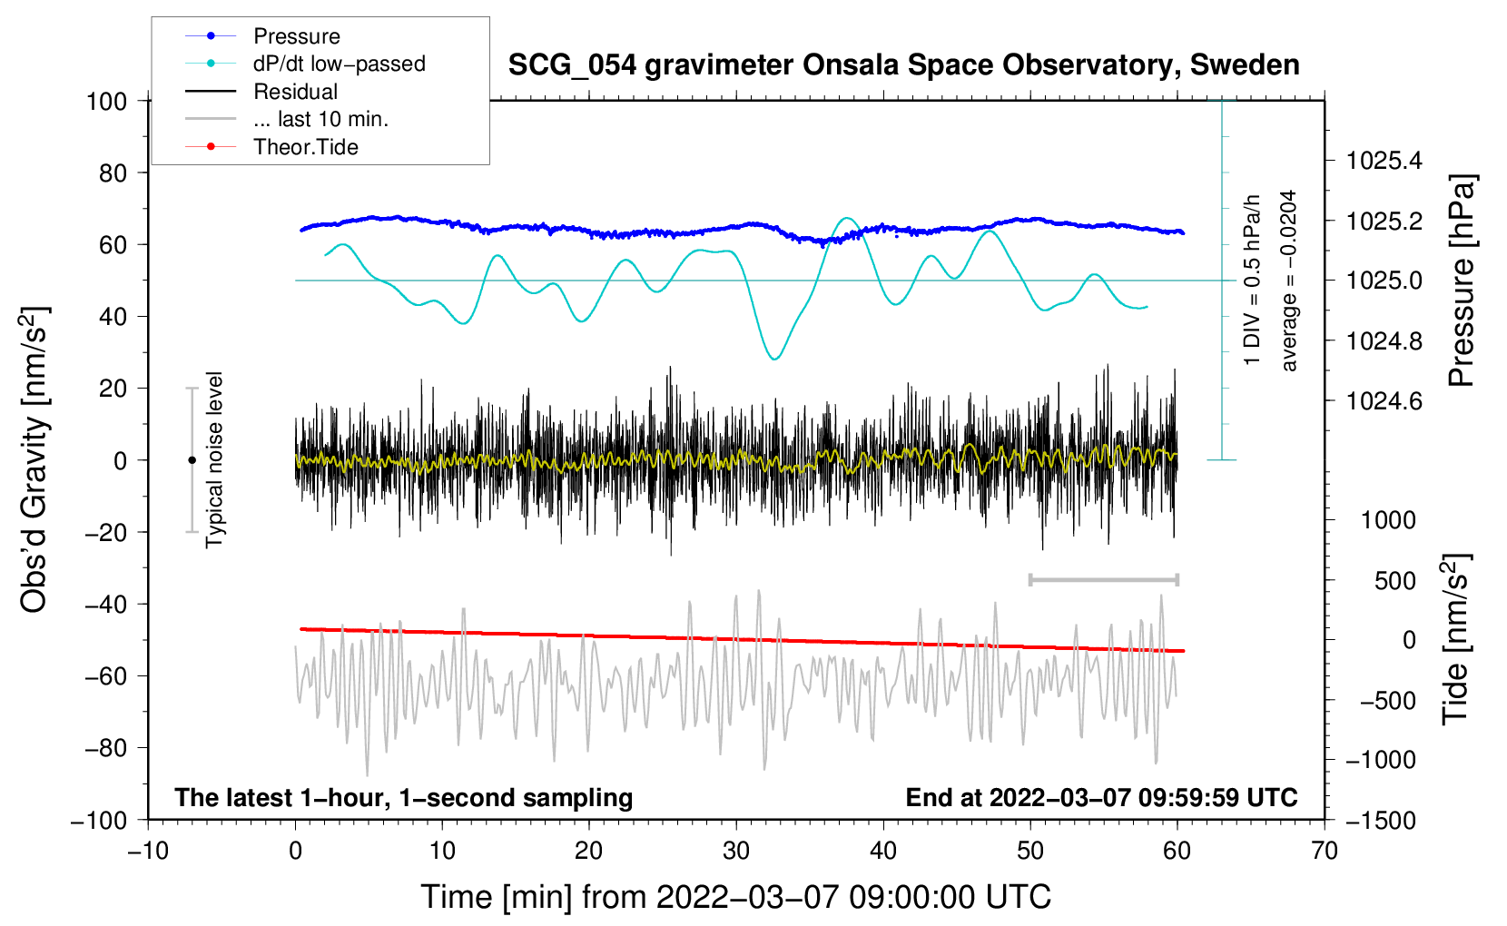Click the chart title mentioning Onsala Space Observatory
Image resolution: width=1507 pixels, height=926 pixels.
pos(903,65)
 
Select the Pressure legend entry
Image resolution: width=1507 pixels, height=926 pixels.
pos(296,36)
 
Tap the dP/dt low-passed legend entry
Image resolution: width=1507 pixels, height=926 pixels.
pos(339,64)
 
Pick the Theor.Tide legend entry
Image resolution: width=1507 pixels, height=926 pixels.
pos(305,147)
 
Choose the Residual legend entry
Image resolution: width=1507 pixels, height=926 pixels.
pos(295,92)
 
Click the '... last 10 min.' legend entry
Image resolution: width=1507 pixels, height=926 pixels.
pos(320,119)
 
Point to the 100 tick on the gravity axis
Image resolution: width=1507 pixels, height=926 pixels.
pos(106,101)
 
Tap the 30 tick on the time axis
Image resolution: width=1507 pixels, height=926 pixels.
pos(736,851)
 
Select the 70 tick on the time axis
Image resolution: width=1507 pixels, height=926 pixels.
pos(1325,851)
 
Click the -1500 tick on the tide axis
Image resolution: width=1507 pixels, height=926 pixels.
pos(1381,820)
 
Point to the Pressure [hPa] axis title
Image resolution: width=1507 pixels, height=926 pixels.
pos(1461,281)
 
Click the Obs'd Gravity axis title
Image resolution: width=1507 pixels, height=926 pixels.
pos(34,459)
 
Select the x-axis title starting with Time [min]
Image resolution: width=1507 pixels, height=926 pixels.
pos(736,897)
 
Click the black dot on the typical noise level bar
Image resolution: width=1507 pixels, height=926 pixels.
pos(192,460)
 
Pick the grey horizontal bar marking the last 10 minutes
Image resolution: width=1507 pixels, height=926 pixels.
pos(1103,579)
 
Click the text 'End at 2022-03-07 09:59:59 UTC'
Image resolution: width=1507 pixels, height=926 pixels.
pos(1101,797)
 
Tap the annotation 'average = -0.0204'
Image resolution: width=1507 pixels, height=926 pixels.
pos(1288,281)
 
